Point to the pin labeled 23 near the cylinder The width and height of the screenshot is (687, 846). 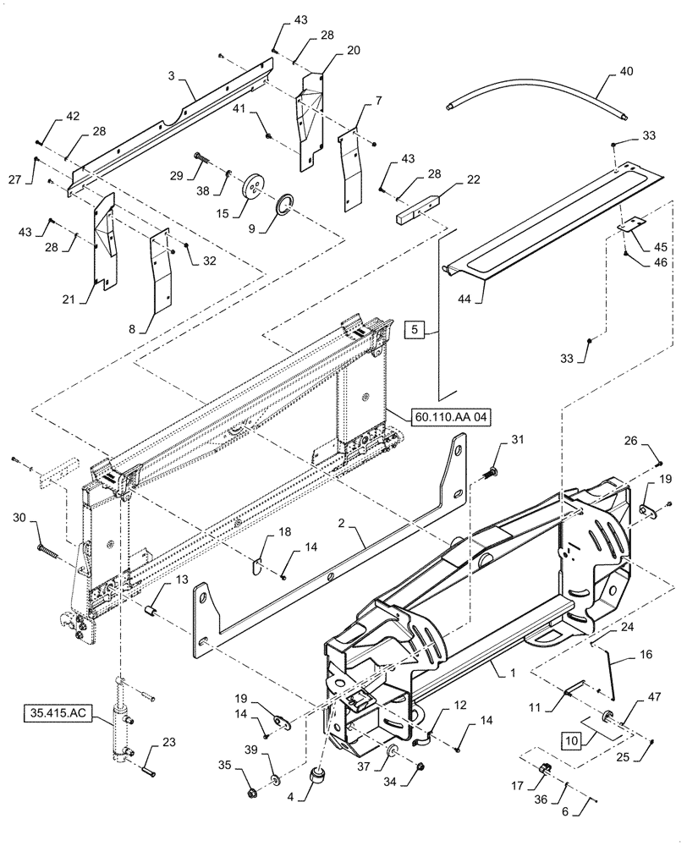146,769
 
